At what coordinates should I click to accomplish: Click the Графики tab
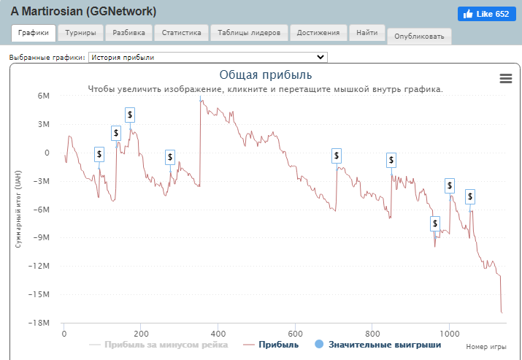[33, 33]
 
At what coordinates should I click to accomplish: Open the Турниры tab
[80, 33]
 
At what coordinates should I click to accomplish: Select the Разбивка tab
[128, 33]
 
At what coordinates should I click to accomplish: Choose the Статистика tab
[181, 33]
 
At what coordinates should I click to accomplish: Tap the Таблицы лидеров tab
[249, 33]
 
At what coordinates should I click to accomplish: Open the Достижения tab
[318, 33]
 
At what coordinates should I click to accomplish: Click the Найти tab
[367, 33]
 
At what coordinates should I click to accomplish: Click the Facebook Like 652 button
[484, 14]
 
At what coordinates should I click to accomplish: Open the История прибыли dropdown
[208, 57]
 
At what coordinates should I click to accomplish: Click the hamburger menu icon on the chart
[505, 79]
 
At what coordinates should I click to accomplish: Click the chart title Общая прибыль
[266, 74]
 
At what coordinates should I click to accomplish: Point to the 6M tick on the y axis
[42, 96]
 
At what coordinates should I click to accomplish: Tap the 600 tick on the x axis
[295, 334]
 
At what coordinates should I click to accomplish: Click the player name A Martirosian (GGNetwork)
[83, 12]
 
